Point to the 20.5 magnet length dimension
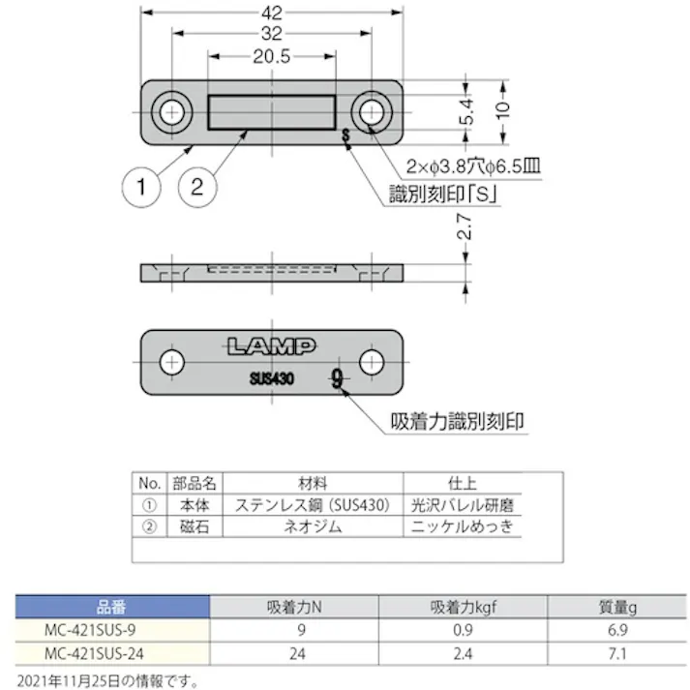[x=271, y=57]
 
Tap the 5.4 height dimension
[x=468, y=114]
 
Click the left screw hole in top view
[x=171, y=111]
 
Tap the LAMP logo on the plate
[x=270, y=344]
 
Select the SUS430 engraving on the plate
[x=271, y=378]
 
